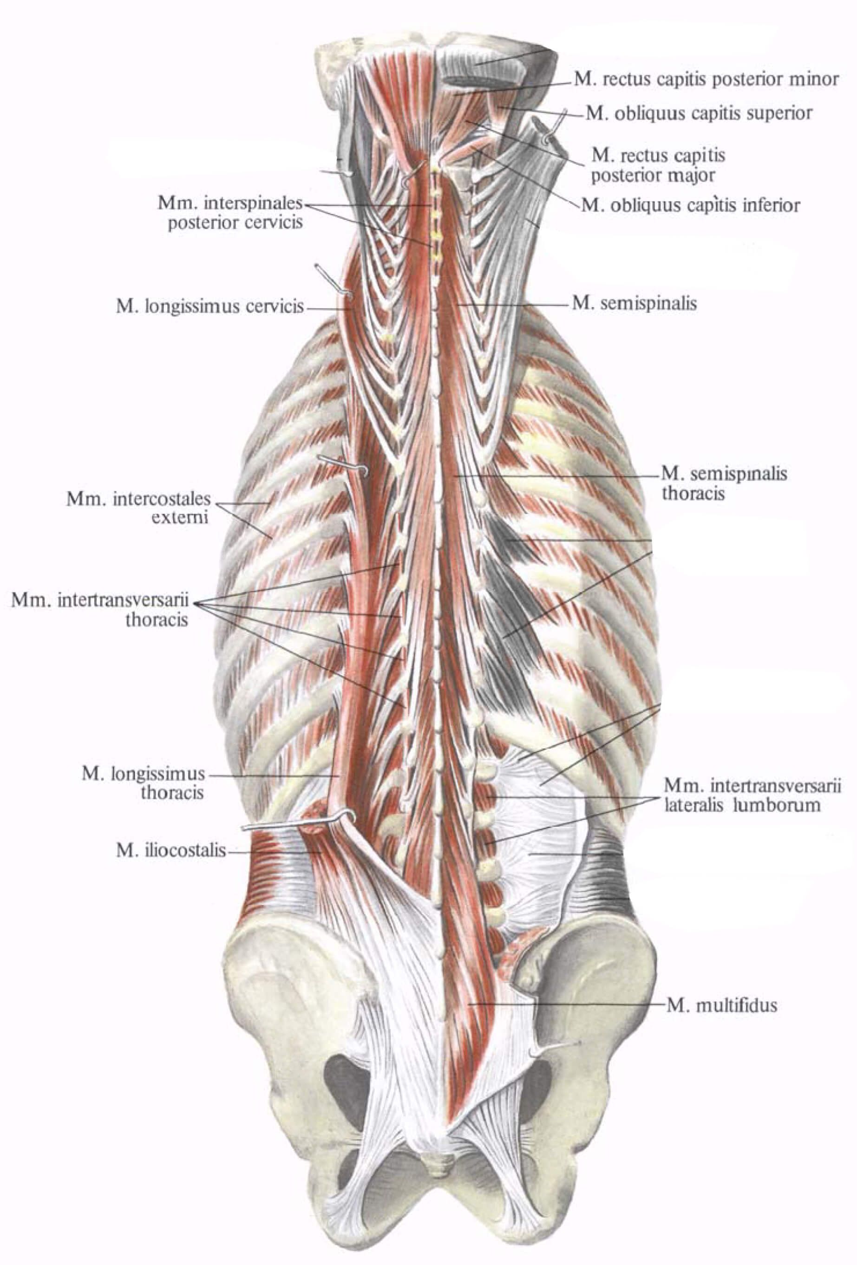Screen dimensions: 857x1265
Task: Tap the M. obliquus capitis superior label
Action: (699, 113)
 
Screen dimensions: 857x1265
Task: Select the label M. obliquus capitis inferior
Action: (691, 205)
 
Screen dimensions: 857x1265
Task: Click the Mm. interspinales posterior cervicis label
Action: (230, 213)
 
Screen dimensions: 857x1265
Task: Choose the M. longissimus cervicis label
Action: (209, 306)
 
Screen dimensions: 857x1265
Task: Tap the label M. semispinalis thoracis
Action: (724, 483)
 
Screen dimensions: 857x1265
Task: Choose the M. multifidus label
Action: (722, 1005)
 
